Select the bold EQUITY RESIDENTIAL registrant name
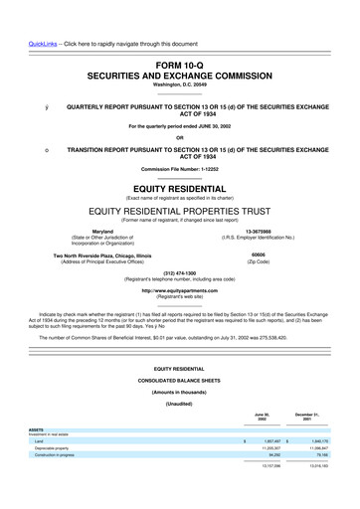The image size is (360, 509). (x=179, y=186)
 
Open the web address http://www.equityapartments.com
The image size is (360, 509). (x=179, y=290)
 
